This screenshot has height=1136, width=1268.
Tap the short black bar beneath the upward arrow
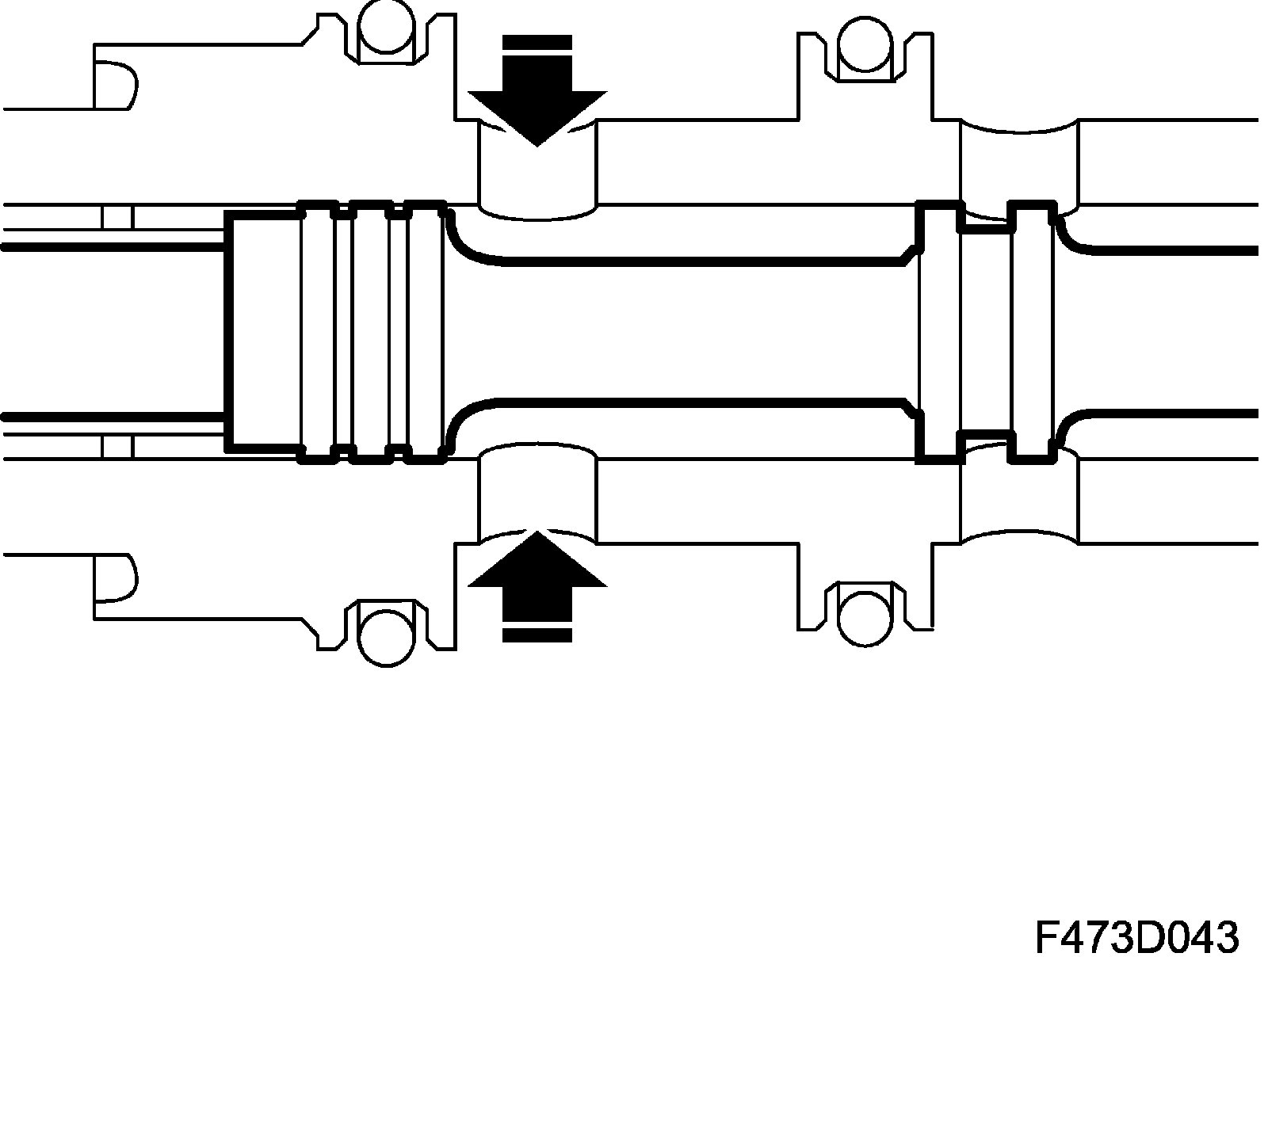537,634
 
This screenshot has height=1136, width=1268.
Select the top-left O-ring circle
385,27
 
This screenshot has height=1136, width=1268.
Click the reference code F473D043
1136,938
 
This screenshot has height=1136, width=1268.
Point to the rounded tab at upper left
115,85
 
